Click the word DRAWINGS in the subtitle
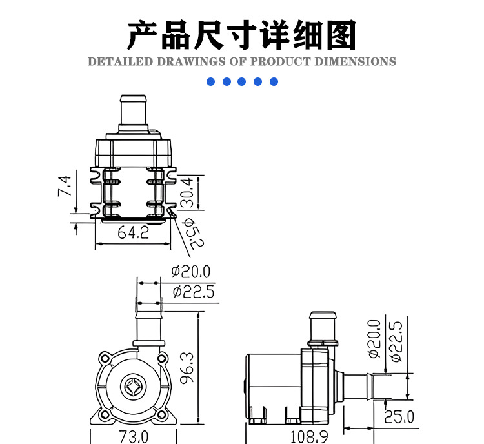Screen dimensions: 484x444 pyautogui.click(x=191, y=61)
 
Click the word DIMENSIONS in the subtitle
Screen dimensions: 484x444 pyautogui.click(x=355, y=61)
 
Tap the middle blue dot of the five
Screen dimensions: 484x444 pyautogui.click(x=242, y=81)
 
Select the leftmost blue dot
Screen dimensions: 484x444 pyautogui.click(x=210, y=81)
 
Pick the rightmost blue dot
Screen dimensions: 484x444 pyautogui.click(x=274, y=81)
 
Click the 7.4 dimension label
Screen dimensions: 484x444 pyautogui.click(x=64, y=187)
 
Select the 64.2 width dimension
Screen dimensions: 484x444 pyautogui.click(x=134, y=232)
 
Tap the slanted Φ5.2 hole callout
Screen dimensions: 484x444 pyautogui.click(x=193, y=234)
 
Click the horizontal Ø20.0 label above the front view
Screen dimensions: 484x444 pyautogui.click(x=191, y=272)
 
